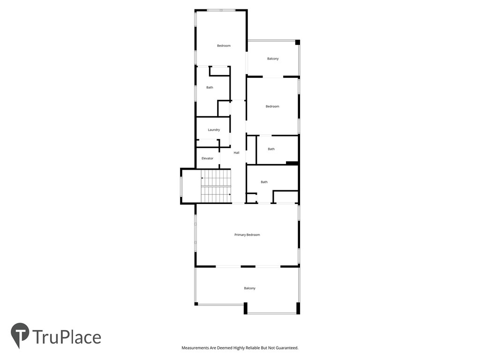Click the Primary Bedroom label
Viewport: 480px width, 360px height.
tap(247, 234)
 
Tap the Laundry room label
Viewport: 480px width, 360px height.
tap(214, 130)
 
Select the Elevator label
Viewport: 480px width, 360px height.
tap(207, 158)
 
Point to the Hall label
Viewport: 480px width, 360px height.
tap(236, 153)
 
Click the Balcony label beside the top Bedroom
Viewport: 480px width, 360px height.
tap(273, 59)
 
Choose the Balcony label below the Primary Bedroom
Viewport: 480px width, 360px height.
tap(249, 288)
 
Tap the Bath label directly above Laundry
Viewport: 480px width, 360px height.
tap(210, 87)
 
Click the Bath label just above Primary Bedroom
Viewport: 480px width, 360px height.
tap(264, 182)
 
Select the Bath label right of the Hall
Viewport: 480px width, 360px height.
tap(271, 149)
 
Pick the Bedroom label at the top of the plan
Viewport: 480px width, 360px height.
tap(224, 45)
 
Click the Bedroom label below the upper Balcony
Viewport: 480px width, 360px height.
tap(272, 106)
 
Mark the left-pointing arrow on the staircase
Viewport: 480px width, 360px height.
tap(202, 178)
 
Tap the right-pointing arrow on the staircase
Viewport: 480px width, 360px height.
tap(229, 194)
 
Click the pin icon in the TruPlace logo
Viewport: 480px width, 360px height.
tap(20, 335)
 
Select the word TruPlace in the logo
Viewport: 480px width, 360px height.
tap(67, 337)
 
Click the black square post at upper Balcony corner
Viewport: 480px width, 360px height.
tap(297, 42)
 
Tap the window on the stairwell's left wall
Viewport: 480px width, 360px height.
tap(181, 186)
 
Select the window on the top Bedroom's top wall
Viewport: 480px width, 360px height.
tap(221, 10)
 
